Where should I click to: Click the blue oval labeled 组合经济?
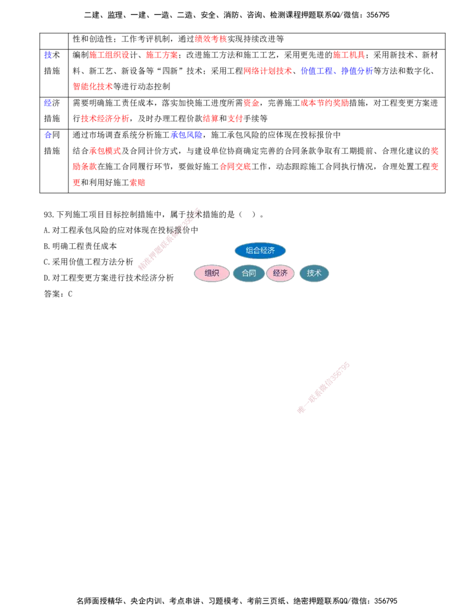pos(260,250)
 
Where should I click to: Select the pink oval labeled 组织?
pos(212,273)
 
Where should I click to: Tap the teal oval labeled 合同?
pos(248,273)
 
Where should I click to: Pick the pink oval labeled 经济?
pos(280,273)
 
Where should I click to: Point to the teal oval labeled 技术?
pos(314,273)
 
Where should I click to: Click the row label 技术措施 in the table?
pos(52,63)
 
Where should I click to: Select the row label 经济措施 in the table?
pos(52,111)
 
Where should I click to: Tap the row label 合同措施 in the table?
pos(52,143)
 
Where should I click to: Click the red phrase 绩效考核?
pos(210,39)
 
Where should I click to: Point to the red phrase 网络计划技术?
pos(267,71)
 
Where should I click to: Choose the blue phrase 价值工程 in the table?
pos(316,71)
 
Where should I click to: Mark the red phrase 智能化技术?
pos(92,87)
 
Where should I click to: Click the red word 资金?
pos(251,103)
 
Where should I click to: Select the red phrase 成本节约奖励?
pos(324,103)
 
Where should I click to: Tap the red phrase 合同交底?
pos(235,167)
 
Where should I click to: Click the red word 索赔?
pos(137,183)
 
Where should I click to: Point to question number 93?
pos(49,215)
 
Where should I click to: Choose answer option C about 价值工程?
pos(88,262)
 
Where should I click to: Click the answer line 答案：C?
pos(58,294)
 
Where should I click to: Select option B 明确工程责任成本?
pos(80,246)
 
